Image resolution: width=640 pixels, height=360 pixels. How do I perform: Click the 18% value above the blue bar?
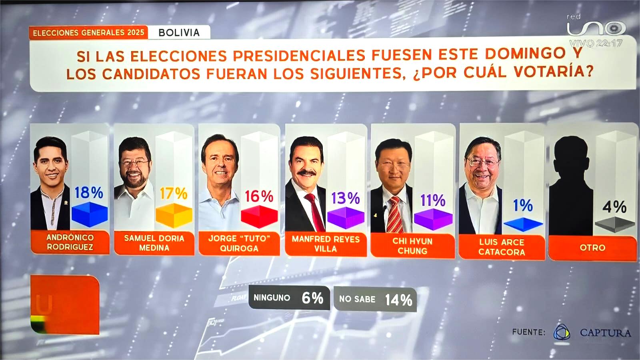pos(89,193)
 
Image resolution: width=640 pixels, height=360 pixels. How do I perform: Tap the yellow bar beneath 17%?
pos(174,216)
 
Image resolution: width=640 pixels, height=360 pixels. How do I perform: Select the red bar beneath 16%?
pos(259,217)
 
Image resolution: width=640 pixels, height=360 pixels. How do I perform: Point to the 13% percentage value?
pos(345,198)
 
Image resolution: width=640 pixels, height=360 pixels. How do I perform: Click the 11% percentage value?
pos(432,200)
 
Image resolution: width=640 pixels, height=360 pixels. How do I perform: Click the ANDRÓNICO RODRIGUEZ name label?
pos(70,242)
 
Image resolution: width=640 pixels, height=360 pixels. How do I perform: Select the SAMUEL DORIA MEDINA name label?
pos(154,243)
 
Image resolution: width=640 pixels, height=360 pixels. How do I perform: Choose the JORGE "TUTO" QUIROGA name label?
pos(239,243)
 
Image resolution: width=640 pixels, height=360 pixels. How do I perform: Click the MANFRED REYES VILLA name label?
pos(326,244)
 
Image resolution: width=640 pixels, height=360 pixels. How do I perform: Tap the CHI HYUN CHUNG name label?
pos(412,246)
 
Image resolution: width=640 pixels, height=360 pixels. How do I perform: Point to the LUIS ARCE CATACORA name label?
pos(502,247)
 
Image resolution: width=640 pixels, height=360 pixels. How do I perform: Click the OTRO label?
pos(592,248)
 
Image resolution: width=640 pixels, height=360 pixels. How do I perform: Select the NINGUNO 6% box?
pos(289,298)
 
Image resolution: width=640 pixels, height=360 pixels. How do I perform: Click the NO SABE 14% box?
pos(375,299)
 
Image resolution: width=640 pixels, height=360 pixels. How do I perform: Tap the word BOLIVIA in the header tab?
pos(179,33)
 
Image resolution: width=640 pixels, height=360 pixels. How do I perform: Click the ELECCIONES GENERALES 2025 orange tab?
pos(88,33)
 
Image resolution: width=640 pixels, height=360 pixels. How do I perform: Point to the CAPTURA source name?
pos(605,332)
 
